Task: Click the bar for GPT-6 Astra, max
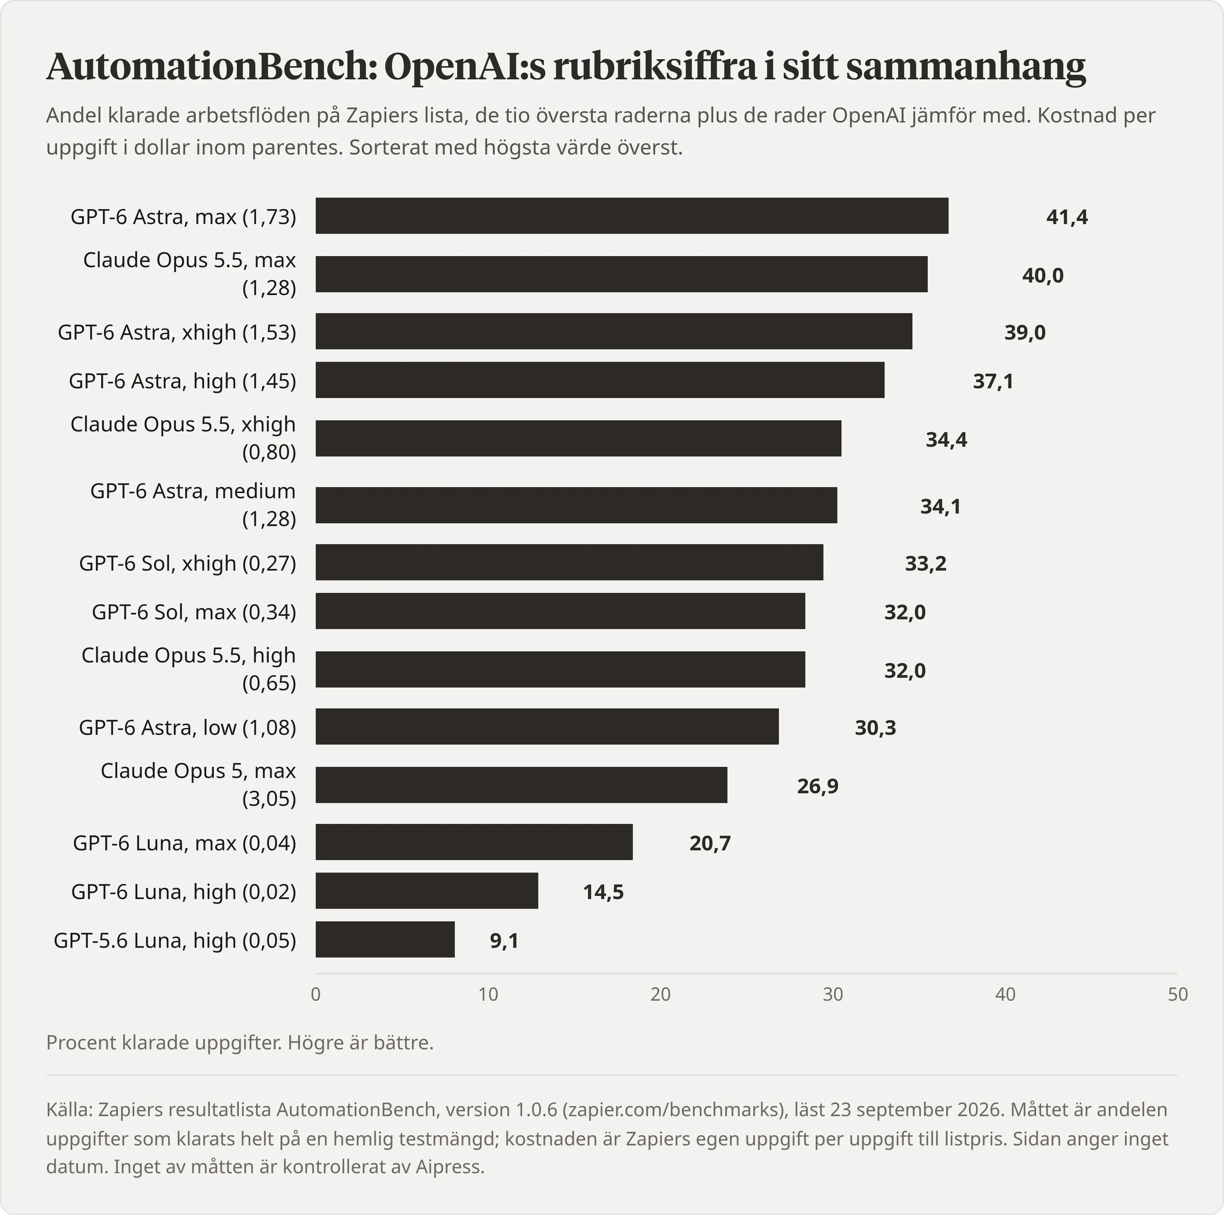[631, 215]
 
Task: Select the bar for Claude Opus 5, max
[521, 785]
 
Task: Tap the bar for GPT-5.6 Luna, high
[385, 939]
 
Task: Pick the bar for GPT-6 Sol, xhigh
[570, 562]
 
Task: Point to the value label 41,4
[1067, 217]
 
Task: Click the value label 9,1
[504, 940]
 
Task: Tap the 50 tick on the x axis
[1178, 994]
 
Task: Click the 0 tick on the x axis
[315, 994]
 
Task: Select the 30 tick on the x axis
[833, 994]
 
